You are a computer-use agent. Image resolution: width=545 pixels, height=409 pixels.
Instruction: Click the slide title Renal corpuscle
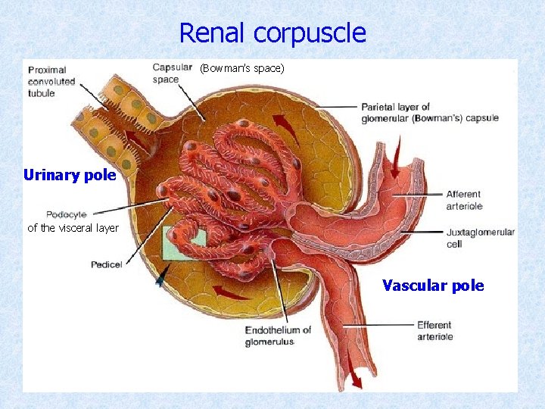coord(272,33)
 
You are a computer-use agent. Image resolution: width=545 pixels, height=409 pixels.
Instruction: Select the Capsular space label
coord(172,73)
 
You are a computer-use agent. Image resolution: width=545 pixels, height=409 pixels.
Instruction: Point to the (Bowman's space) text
coord(242,69)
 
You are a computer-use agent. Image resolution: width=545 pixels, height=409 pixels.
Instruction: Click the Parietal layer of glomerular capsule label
coord(429,112)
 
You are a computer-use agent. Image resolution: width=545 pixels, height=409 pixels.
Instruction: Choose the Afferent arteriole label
coord(464,200)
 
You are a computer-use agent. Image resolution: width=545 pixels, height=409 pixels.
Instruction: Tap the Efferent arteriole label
coord(434,331)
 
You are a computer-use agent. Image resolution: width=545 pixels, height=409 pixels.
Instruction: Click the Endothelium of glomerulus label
coord(278,336)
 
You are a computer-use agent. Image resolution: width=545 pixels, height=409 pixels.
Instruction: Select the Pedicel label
coord(107,264)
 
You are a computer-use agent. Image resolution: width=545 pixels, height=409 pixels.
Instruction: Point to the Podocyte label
coord(67,214)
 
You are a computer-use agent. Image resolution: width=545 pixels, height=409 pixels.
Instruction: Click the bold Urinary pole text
coord(70,176)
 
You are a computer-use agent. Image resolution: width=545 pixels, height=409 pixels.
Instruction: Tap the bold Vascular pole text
coord(433,286)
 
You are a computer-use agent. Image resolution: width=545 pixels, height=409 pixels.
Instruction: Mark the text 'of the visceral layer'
coord(73,228)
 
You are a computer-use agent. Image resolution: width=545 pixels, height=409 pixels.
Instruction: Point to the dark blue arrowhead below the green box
coord(160,279)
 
